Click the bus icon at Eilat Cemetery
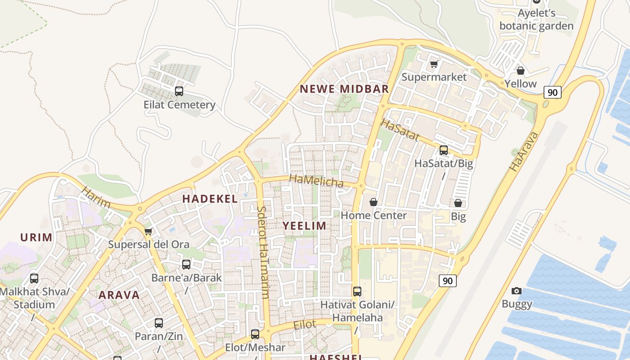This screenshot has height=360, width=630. tap(179, 91)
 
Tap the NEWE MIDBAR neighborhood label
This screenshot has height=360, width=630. tap(344, 89)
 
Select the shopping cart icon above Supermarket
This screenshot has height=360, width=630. tap(434, 64)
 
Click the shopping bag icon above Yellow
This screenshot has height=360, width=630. tap(521, 71)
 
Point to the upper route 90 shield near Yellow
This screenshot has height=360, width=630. tap(553, 92)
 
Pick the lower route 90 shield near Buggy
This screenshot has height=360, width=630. tap(447, 281)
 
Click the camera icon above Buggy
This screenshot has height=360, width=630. tap(517, 291)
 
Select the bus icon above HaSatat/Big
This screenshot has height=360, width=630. tap(444, 150)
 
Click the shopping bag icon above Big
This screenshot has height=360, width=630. tap(458, 203)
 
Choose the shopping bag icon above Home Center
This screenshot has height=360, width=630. tap(373, 202)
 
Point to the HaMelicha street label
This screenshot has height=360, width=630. tap(316, 181)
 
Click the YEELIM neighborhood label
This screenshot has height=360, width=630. tap(305, 226)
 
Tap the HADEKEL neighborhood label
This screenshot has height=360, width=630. tap(210, 199)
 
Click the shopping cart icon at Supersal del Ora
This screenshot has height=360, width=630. tap(148, 232)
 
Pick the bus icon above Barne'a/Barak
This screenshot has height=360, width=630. tap(186, 265)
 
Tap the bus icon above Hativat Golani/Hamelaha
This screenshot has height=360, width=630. tap(357, 292)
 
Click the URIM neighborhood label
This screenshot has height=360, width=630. tap(36, 238)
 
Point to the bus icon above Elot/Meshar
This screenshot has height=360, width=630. tap(255, 334)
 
